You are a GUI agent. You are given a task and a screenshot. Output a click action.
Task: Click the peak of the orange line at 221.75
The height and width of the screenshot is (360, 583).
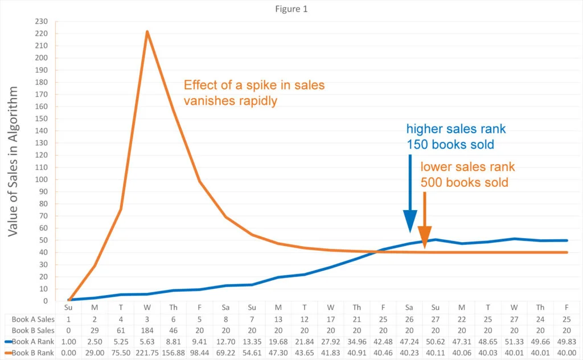pyautogui.click(x=147, y=31)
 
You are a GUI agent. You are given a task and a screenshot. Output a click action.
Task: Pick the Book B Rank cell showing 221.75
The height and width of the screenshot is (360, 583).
pyautogui.click(x=147, y=353)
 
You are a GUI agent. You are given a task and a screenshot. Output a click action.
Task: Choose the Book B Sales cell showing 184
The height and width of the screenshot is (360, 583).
pyautogui.click(x=147, y=330)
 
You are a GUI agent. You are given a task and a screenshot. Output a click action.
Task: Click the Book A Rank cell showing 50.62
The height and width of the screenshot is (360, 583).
pyautogui.click(x=436, y=342)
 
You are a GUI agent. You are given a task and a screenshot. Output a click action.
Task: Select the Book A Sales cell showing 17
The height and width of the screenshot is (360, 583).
pyautogui.click(x=331, y=318)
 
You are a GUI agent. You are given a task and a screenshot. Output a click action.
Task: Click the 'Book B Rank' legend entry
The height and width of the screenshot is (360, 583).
pyautogui.click(x=30, y=353)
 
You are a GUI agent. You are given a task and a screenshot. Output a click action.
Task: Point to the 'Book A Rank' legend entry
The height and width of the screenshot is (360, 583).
pyautogui.click(x=30, y=342)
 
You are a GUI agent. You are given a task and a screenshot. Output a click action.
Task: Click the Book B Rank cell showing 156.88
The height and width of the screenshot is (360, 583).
pyautogui.click(x=174, y=353)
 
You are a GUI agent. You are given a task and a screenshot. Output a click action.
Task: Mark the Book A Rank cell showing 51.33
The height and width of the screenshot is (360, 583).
pyautogui.click(x=514, y=342)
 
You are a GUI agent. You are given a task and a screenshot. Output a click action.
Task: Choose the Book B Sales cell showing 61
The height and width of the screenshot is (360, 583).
pyautogui.click(x=121, y=330)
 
